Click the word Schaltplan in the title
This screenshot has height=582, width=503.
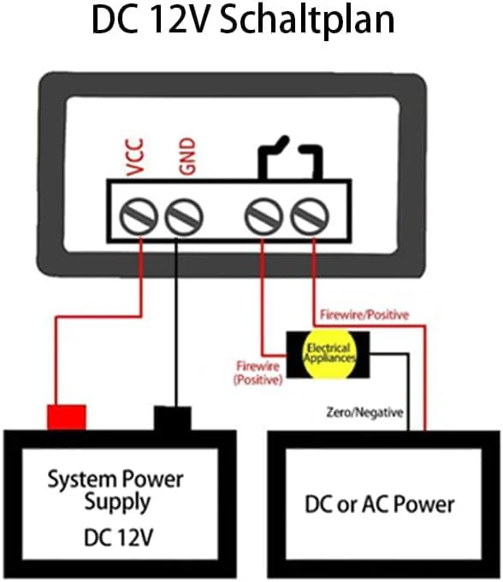point(307,21)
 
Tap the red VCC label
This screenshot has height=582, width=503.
point(135,156)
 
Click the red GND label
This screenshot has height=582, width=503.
point(187,156)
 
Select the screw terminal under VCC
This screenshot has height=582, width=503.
point(139,217)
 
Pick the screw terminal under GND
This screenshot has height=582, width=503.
point(184,217)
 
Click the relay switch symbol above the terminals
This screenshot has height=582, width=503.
point(290,158)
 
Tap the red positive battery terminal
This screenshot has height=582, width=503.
point(67,417)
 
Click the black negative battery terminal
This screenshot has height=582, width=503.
point(173,418)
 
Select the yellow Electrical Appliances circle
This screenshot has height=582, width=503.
point(328,354)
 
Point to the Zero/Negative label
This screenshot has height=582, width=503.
point(364,413)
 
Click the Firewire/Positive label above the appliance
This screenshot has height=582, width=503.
point(364,315)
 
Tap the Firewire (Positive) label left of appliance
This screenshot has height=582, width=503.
point(258,373)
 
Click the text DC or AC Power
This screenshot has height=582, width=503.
point(379,504)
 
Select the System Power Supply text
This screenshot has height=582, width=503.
point(115,491)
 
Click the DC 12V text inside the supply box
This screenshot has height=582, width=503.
point(119,537)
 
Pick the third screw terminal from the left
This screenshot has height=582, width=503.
point(263,217)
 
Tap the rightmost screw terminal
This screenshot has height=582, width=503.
point(310,217)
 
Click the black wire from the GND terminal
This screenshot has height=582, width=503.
point(176,323)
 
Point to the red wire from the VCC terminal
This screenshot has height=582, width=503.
point(98,316)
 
